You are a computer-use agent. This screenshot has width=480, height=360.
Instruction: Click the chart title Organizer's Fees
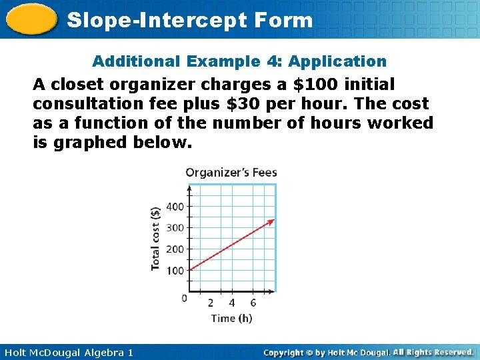pyautogui.click(x=231, y=173)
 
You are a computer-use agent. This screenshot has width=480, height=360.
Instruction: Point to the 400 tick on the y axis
pyautogui.click(x=175, y=207)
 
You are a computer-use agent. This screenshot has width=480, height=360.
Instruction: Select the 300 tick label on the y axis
pyautogui.click(x=175, y=228)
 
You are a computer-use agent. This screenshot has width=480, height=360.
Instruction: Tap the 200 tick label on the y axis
pyautogui.click(x=175, y=249)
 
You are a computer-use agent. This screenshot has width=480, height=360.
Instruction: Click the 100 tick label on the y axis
pyautogui.click(x=175, y=271)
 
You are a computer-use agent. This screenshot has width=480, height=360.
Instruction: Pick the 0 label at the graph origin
pyautogui.click(x=185, y=298)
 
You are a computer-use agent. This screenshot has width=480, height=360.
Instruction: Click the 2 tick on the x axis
pyautogui.click(x=211, y=303)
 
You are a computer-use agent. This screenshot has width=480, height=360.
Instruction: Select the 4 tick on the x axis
pyautogui.click(x=232, y=303)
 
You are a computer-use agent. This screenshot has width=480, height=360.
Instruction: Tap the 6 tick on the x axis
pyautogui.click(x=253, y=303)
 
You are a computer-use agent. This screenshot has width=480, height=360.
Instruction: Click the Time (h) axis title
pyautogui.click(x=231, y=318)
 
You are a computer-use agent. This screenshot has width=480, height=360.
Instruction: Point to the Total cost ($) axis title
pyautogui.click(x=155, y=238)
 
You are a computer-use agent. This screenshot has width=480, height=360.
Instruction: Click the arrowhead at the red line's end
pyautogui.click(x=271, y=221)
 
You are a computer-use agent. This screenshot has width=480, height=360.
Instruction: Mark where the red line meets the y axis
pyautogui.click(x=190, y=270)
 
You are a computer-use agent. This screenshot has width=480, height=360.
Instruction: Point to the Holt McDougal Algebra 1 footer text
pyautogui.click(x=67, y=352)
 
